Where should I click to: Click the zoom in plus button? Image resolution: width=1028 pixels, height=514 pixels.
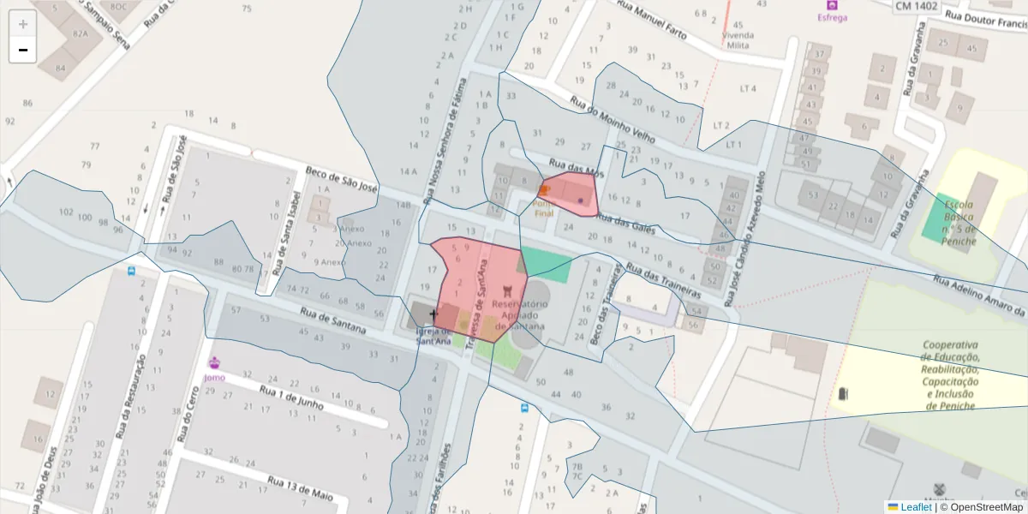23,24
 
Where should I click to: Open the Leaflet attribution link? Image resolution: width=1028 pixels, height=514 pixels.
916,507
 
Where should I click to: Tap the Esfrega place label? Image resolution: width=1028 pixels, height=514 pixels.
832,17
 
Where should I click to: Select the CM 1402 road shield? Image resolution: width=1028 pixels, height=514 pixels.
916,6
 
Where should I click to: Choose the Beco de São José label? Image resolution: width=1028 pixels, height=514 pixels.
341,179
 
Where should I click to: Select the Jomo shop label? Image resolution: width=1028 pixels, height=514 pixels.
215,377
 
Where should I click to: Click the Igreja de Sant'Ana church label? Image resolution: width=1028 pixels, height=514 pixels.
433,336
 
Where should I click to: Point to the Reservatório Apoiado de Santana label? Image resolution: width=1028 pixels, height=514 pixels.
521,314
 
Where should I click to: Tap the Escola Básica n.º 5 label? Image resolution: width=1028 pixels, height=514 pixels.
959,218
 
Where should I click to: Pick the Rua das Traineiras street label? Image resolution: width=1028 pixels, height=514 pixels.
664,278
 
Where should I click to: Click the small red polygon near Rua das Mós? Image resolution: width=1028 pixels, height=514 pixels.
569,194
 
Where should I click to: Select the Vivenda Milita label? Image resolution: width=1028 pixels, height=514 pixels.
738,40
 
